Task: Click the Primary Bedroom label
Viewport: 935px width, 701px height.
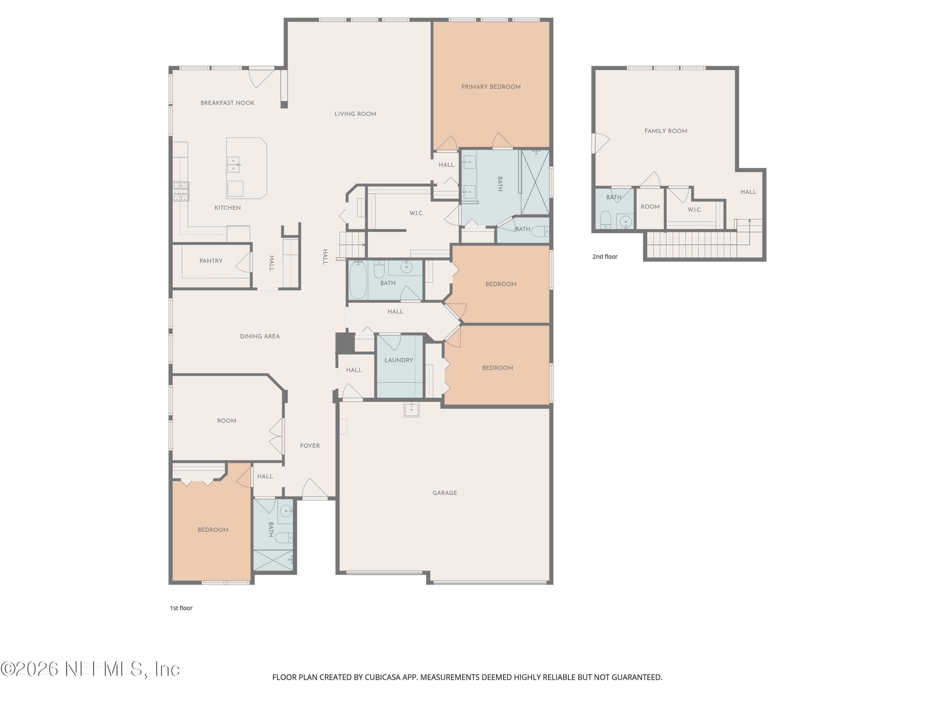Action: pos(491,87)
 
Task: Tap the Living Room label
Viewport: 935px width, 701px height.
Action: pos(355,114)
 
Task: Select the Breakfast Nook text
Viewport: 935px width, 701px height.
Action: pos(228,103)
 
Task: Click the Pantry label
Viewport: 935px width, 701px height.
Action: pos(211,261)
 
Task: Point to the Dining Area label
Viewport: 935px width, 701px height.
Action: pos(260,336)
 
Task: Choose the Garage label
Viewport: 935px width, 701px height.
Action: pos(445,493)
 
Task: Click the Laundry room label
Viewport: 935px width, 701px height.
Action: pos(399,360)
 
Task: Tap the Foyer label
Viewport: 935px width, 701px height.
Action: pos(310,445)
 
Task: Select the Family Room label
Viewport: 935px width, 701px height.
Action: pos(666,131)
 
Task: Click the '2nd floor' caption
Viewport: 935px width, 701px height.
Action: pos(605,256)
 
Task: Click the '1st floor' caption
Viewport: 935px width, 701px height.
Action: pos(181,608)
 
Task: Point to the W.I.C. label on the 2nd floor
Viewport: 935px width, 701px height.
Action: pos(694,210)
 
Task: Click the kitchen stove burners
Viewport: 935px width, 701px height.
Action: pos(181,191)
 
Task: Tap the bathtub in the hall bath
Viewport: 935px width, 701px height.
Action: pos(358,280)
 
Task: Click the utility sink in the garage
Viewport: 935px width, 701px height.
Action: pos(411,409)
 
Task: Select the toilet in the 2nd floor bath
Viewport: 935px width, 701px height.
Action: pos(606,220)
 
